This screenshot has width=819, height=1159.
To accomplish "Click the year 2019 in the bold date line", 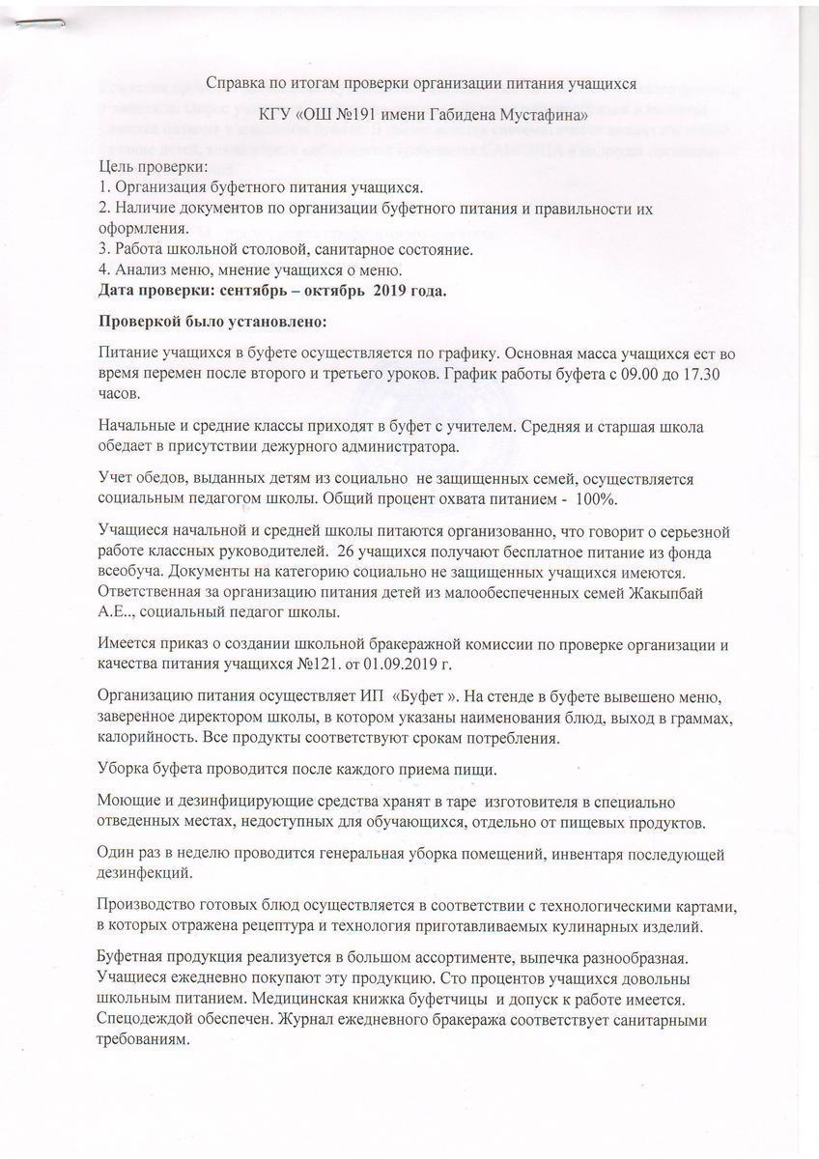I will tap(398, 291).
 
